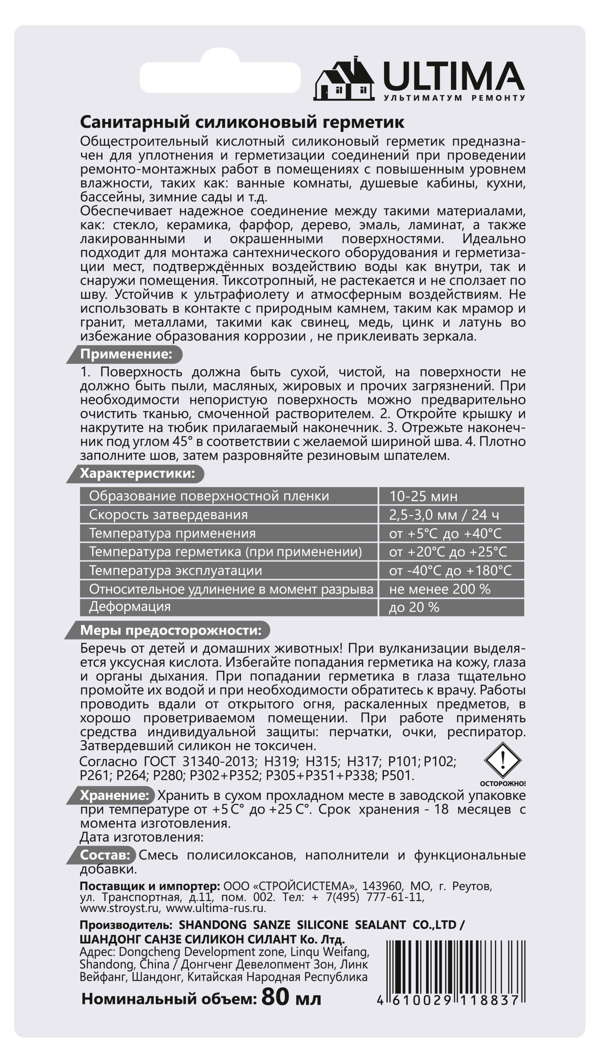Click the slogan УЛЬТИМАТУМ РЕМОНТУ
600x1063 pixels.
pos(454,98)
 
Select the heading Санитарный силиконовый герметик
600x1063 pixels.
pos(242,122)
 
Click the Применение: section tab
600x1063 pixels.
pos(126,354)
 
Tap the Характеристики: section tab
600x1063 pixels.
pos(137,473)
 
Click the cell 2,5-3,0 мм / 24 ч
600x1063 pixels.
pos(444,514)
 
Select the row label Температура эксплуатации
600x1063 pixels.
pos(175,570)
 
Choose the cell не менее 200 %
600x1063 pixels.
pos(439,589)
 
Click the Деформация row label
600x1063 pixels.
pos(130,607)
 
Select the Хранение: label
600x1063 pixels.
pos(114,795)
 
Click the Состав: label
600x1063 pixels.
pos(105,855)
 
